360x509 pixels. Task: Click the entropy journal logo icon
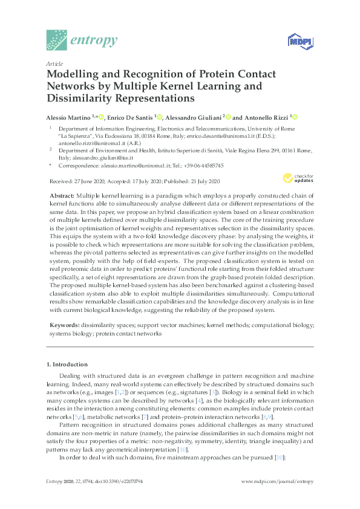click(x=57, y=40)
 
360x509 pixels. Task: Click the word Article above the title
click(x=53, y=63)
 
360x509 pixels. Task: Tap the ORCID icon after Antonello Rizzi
click(x=295, y=117)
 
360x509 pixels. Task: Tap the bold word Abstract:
click(x=61, y=196)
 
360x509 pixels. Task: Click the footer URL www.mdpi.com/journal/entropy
click(x=278, y=481)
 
